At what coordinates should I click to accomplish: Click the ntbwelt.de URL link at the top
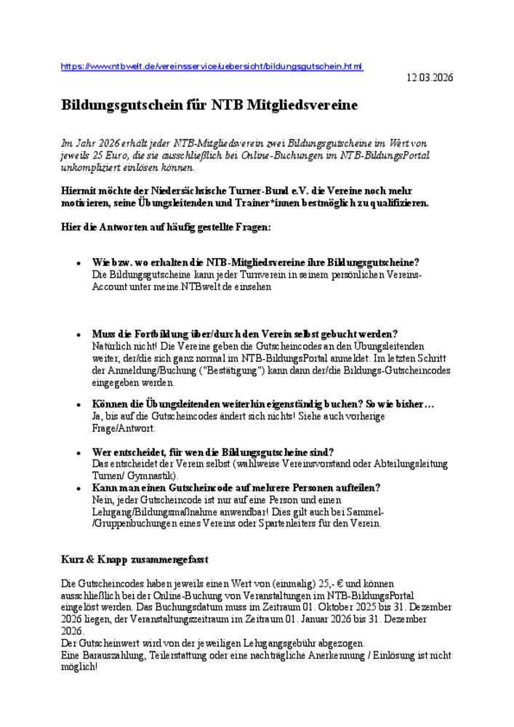(212, 66)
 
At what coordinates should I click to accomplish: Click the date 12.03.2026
(429, 78)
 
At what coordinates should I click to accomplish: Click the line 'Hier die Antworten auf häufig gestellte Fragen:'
(166, 228)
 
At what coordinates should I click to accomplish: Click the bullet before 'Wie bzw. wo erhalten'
(78, 262)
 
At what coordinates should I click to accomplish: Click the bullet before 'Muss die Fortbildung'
(78, 334)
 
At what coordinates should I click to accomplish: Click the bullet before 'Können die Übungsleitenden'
(78, 405)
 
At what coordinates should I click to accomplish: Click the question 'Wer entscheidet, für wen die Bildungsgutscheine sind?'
(213, 452)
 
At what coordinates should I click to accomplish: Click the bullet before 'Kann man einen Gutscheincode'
(78, 488)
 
